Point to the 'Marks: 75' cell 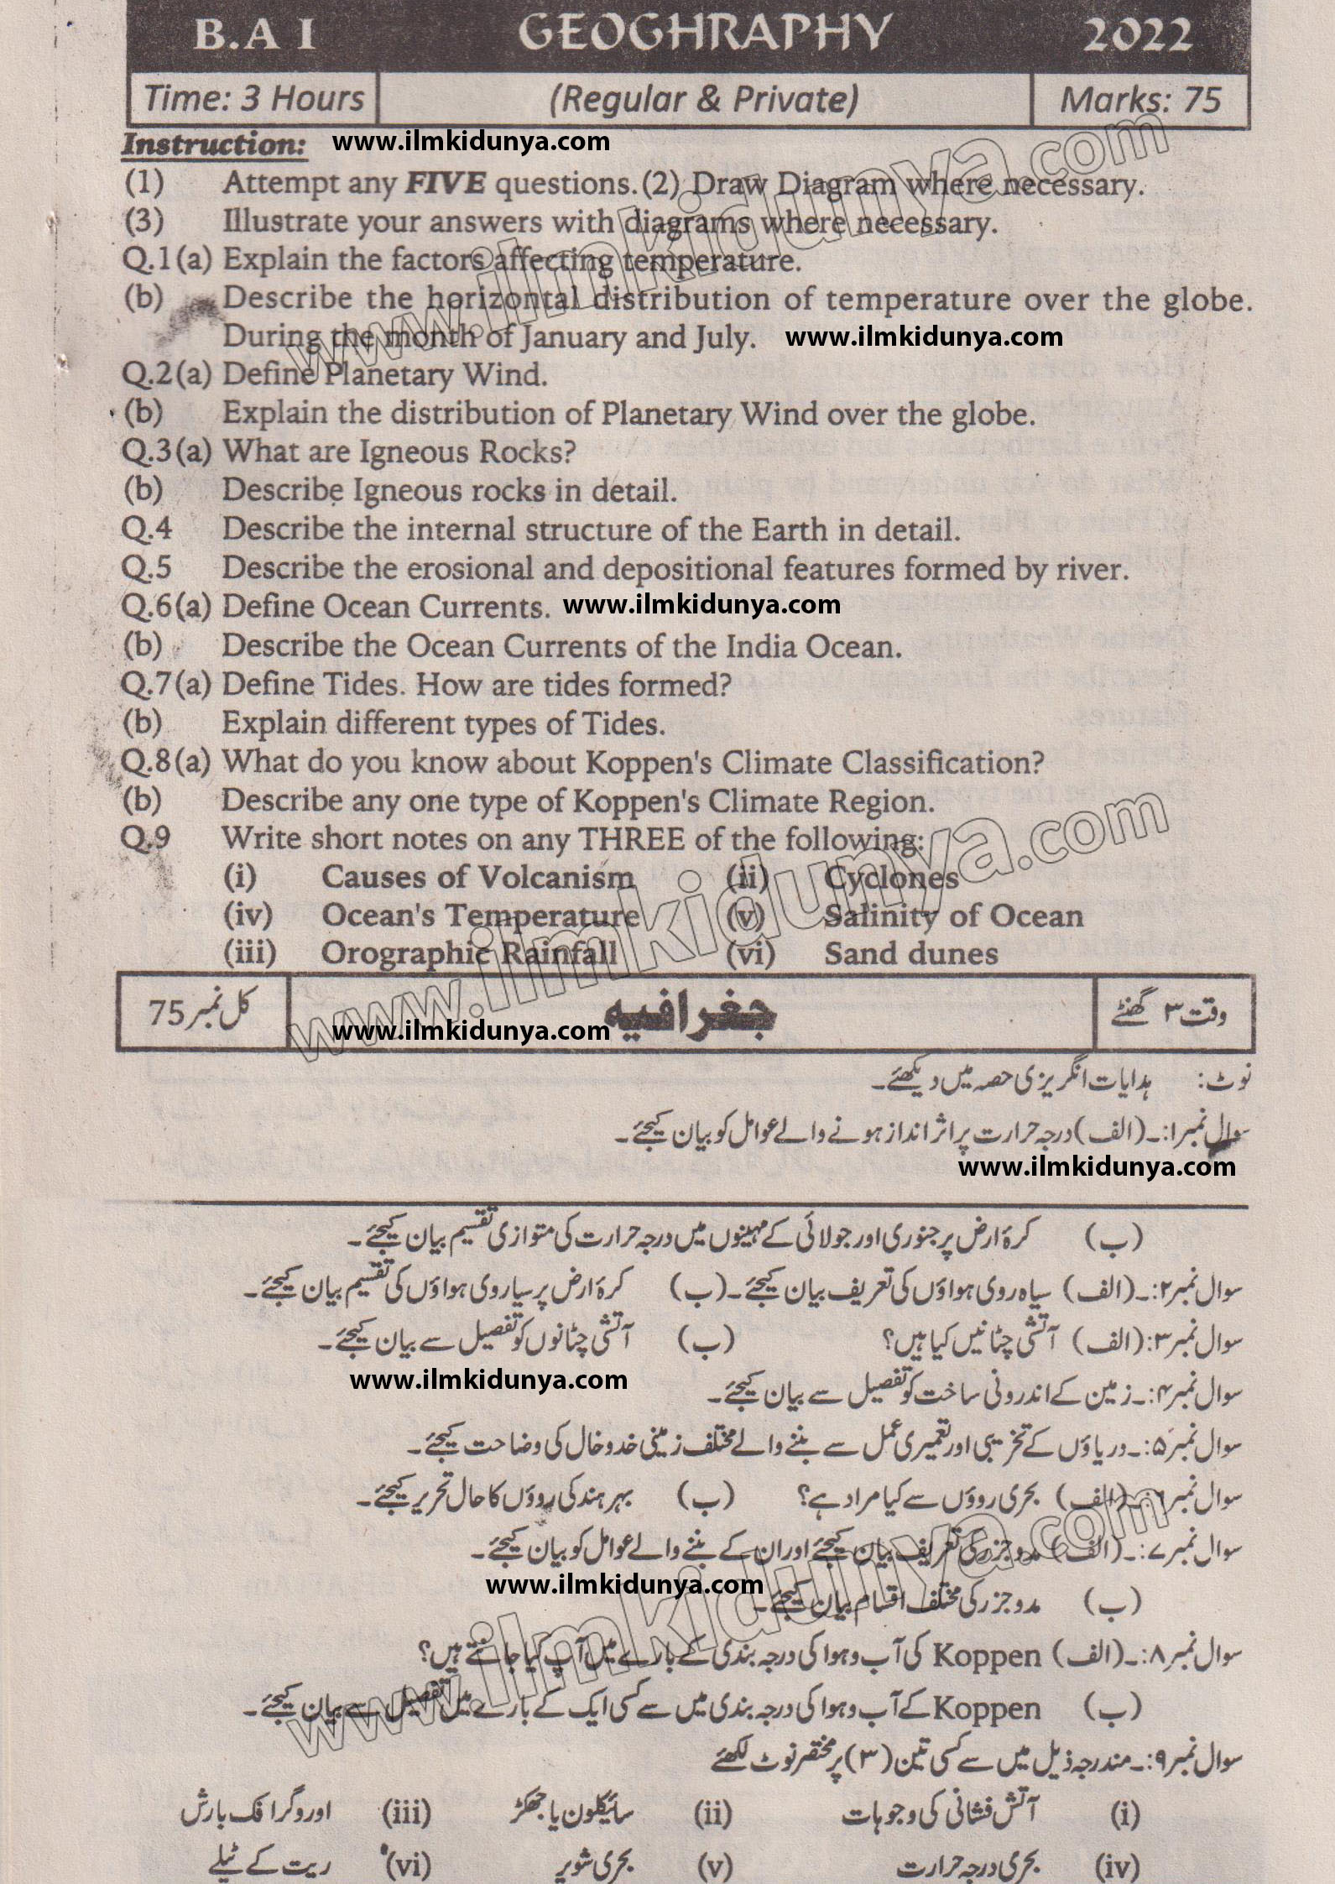[x=1139, y=100]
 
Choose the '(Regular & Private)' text [x=704, y=100]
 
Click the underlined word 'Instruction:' [x=214, y=144]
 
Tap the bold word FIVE [x=444, y=184]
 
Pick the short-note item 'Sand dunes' [x=910, y=953]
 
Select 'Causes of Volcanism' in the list [x=478, y=878]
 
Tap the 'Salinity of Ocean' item [x=953, y=916]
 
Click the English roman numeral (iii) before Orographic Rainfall [x=250, y=953]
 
